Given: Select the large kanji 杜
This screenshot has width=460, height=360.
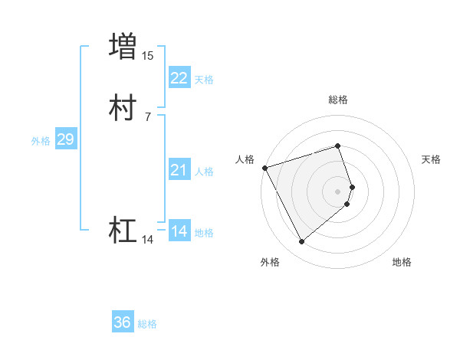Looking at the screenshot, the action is [123, 230].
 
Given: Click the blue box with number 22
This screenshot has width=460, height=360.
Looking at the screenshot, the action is [179, 78].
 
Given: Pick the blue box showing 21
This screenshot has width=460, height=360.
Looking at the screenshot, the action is [179, 170].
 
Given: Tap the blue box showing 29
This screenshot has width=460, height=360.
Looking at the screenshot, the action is [65, 139].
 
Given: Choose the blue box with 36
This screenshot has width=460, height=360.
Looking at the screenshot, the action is [122, 322].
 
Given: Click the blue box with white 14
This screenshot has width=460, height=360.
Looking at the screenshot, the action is [179, 231].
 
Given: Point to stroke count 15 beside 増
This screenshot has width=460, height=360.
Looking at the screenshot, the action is [148, 55].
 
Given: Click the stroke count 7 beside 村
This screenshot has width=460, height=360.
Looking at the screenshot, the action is [147, 116].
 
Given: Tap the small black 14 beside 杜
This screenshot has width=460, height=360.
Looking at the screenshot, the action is [148, 240].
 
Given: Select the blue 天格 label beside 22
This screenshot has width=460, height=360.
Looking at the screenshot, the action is [204, 80].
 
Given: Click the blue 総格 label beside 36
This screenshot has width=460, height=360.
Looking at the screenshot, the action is [147, 324].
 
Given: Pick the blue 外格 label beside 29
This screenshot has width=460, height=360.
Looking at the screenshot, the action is [40, 141].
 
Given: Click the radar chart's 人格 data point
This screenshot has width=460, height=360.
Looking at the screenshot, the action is [264, 168].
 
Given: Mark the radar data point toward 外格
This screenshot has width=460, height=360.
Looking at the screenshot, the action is [301, 241].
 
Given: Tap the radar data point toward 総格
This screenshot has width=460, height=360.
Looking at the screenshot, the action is [337, 146].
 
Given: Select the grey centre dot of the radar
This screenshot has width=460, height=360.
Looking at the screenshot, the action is [337, 191].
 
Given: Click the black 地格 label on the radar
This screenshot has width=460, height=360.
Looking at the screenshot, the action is [402, 263].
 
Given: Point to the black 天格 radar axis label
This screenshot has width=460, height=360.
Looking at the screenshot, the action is [431, 159].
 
